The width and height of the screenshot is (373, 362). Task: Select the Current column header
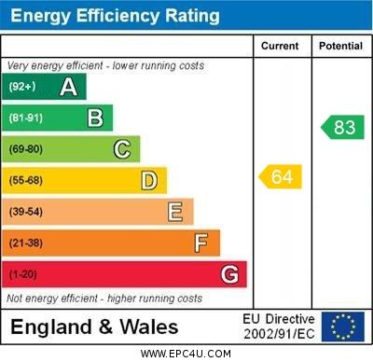(x=280, y=46)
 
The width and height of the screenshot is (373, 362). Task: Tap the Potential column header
(x=340, y=46)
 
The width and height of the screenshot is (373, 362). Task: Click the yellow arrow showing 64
(x=281, y=176)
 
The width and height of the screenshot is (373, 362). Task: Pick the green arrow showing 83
(x=343, y=127)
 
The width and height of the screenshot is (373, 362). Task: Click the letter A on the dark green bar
(x=68, y=87)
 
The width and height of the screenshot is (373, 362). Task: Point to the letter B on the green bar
(x=95, y=118)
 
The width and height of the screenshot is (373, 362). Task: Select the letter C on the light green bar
(x=122, y=148)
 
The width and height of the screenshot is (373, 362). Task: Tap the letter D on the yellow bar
(x=149, y=180)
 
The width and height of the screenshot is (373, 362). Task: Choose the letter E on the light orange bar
(x=175, y=212)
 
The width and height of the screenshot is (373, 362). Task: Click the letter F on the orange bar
(x=201, y=244)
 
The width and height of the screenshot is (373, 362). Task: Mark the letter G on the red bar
(x=229, y=275)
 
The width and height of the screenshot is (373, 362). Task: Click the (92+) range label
(x=22, y=87)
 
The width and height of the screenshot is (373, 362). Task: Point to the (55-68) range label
(x=26, y=180)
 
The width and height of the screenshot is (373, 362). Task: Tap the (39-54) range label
(x=26, y=212)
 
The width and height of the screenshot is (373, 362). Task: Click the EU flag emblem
(x=342, y=327)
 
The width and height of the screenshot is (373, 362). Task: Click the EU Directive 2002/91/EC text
(x=279, y=327)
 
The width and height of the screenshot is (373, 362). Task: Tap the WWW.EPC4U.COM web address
(x=186, y=354)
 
